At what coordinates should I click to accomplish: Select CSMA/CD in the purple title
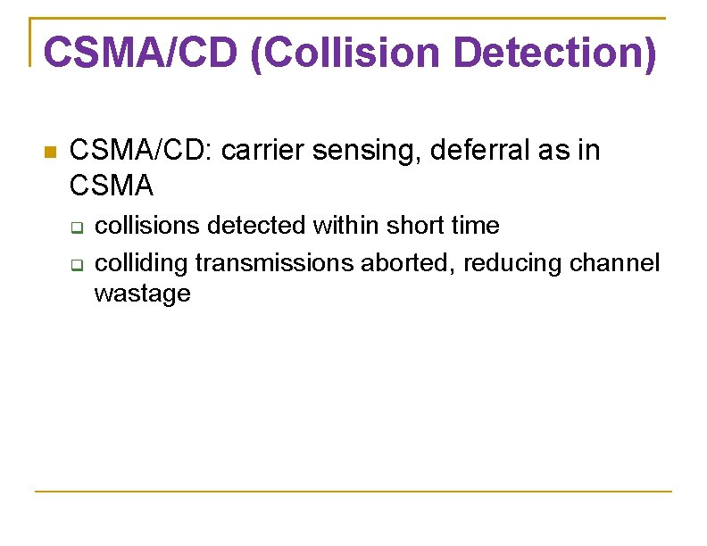point(140,54)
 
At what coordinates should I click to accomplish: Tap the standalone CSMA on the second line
point(111,186)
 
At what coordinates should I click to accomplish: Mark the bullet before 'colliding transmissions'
point(78,265)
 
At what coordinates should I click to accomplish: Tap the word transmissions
point(275,264)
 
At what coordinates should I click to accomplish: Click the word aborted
point(406,264)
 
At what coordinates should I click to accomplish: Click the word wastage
point(142,294)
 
